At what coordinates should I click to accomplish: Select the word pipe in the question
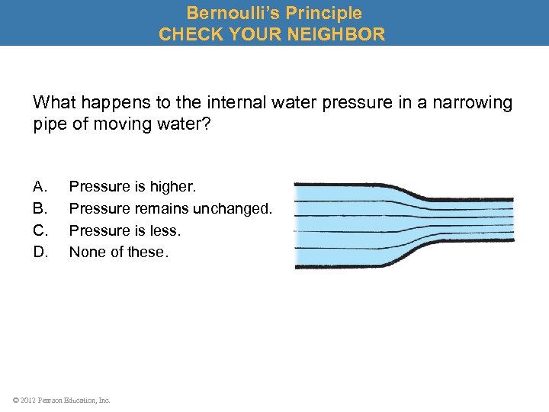tap(48, 124)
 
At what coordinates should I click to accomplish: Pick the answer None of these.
tap(117, 252)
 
